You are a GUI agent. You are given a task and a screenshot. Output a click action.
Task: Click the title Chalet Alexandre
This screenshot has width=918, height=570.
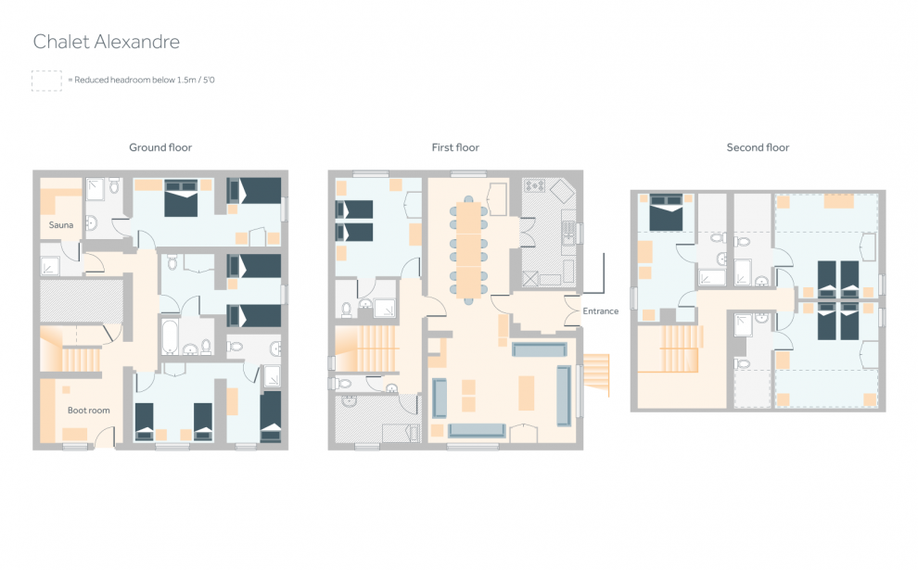(x=106, y=42)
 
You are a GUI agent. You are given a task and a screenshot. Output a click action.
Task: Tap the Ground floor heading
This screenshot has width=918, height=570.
(x=160, y=147)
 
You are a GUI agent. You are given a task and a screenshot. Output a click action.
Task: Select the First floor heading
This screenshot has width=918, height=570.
(x=455, y=147)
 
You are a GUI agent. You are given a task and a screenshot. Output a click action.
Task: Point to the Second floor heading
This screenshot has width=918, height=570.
(x=758, y=147)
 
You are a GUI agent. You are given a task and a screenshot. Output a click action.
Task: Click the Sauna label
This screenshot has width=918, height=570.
(x=61, y=224)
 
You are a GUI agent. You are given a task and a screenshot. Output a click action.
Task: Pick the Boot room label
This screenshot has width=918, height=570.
(x=88, y=411)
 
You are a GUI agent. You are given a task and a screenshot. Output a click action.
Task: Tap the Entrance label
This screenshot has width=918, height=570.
(x=601, y=310)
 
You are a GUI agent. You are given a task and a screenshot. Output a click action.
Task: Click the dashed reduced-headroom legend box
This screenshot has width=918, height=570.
(x=46, y=81)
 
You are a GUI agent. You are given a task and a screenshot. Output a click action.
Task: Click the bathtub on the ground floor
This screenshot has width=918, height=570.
(x=169, y=336)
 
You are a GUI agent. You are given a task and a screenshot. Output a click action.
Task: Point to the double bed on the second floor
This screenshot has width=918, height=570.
(x=667, y=212)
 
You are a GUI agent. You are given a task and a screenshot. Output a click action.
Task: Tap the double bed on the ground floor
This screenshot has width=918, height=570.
(x=181, y=198)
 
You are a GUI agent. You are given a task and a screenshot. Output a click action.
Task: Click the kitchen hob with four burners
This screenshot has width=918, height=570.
(x=534, y=185)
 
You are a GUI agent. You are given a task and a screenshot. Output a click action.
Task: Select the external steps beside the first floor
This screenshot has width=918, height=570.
(x=596, y=374)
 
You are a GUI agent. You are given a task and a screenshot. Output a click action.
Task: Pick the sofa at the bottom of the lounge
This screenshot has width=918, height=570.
(x=477, y=431)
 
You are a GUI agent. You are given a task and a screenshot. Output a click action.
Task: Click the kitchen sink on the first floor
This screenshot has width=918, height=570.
(x=567, y=233)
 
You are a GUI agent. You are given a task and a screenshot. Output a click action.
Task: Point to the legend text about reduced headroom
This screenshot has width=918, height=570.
(x=142, y=81)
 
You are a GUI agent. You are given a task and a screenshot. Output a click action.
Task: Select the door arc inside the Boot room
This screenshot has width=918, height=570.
(x=102, y=433)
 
